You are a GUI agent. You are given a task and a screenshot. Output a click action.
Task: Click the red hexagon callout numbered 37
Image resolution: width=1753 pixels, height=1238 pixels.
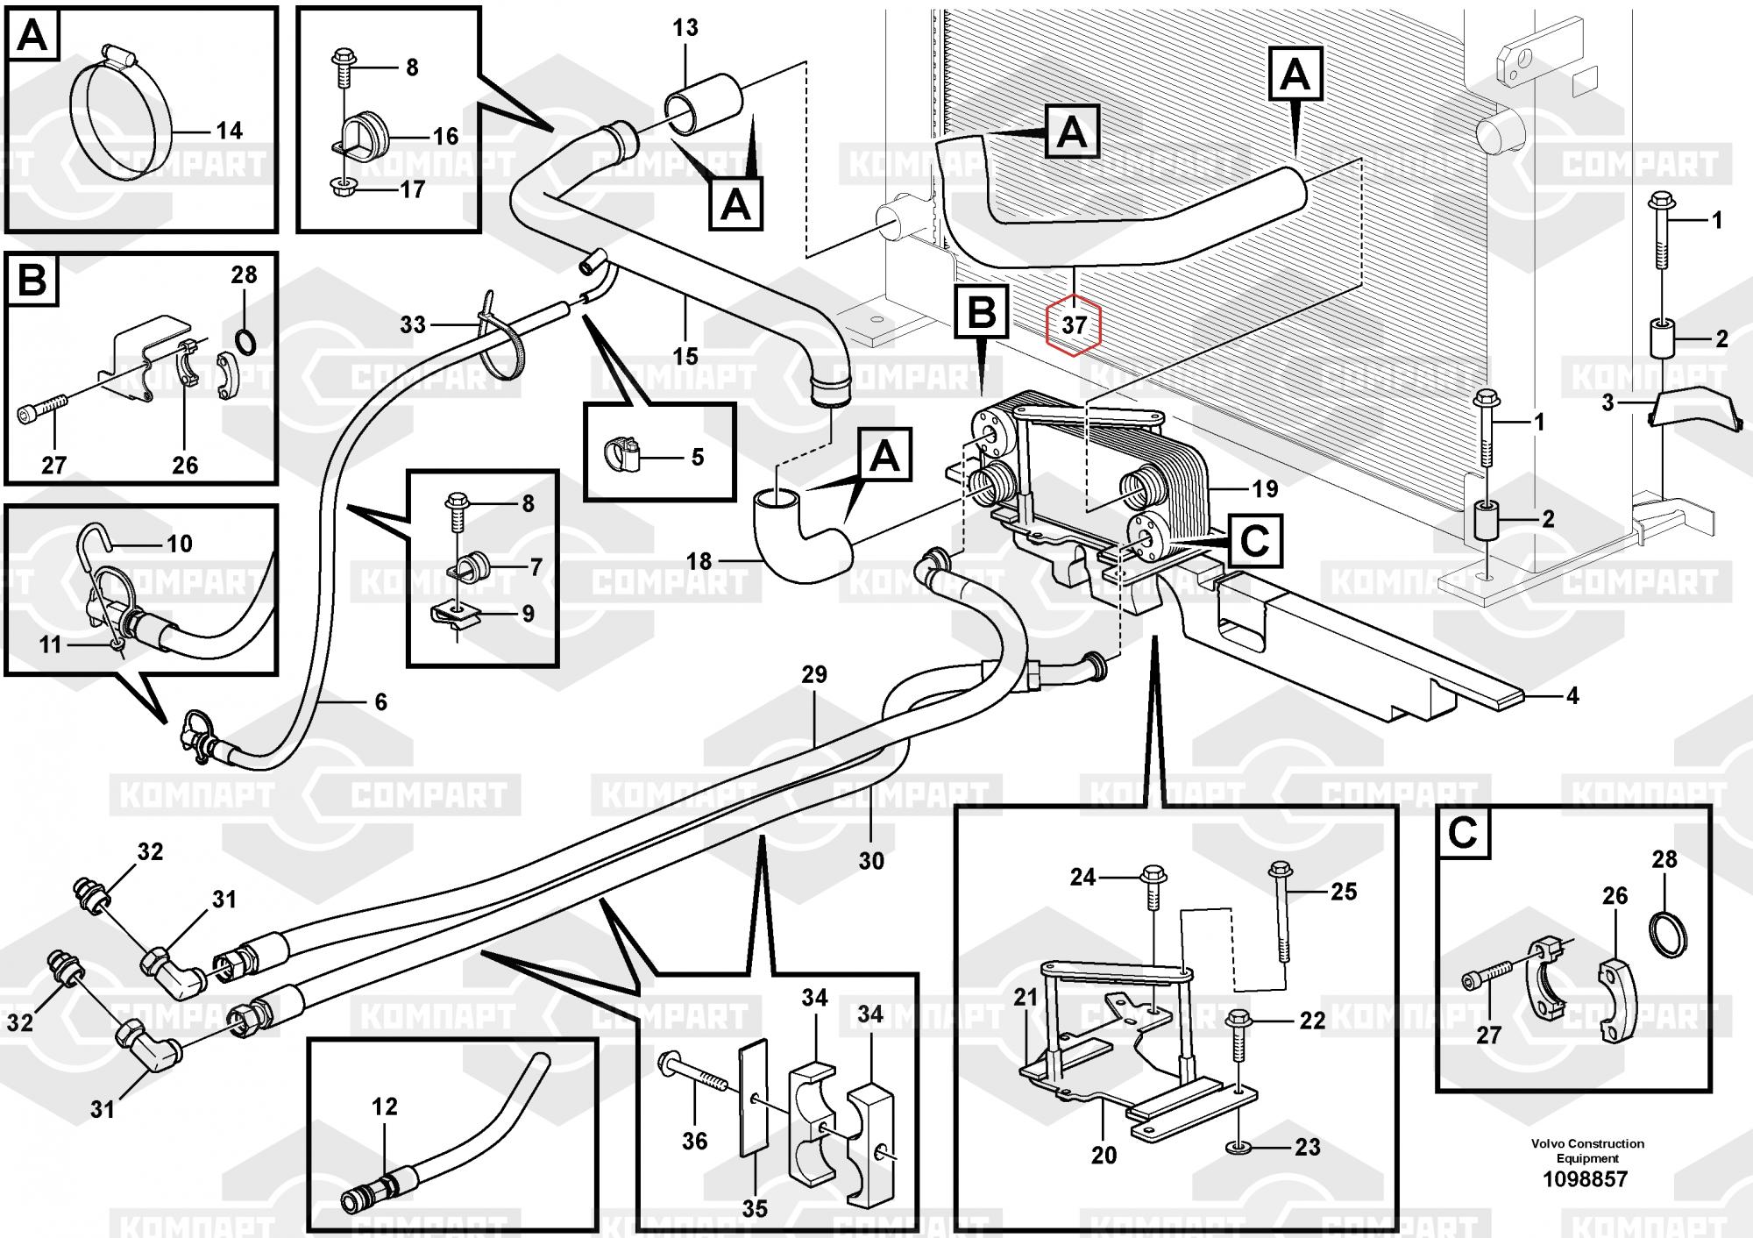[x=1074, y=325]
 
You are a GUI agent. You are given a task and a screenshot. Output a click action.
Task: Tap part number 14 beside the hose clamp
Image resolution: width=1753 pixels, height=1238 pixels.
[x=229, y=131]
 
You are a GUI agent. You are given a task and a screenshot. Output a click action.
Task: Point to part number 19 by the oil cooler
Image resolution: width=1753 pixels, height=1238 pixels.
[x=1265, y=488]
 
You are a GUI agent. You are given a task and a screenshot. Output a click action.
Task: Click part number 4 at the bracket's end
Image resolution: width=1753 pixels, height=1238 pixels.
[x=1572, y=695]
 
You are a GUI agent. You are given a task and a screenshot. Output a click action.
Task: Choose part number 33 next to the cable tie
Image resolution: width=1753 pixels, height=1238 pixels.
[x=412, y=324]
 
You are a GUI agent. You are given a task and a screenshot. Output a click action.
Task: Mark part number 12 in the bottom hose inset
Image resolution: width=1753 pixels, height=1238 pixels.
[x=385, y=1106]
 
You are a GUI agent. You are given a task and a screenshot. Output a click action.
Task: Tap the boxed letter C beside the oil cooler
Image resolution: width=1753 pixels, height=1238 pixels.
[x=1255, y=541]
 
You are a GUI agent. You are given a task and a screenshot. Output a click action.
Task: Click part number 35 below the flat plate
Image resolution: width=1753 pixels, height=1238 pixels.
[x=754, y=1208]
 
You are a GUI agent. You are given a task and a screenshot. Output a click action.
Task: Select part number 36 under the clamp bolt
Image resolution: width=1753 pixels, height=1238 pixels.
[x=694, y=1141]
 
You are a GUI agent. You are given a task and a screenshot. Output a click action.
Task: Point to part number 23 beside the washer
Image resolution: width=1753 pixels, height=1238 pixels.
[x=1307, y=1147]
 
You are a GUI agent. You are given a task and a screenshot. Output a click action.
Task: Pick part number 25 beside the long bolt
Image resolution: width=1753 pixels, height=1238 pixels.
[x=1343, y=892]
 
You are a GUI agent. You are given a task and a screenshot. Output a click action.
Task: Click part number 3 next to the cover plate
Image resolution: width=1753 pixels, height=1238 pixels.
[x=1608, y=403]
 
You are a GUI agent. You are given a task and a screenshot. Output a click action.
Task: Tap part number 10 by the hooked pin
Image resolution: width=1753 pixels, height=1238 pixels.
[x=179, y=544]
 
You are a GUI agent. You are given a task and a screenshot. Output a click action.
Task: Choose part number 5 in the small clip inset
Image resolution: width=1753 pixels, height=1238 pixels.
[x=697, y=457]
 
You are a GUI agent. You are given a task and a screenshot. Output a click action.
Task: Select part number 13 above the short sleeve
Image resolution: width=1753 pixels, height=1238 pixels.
[x=685, y=28]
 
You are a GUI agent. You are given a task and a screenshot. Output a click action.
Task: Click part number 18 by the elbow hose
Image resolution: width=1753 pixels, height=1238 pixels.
[x=698, y=560]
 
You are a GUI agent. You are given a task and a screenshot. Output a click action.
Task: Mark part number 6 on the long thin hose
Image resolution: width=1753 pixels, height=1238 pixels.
[x=380, y=701]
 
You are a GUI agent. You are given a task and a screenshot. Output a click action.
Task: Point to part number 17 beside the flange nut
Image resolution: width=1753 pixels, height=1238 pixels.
[x=412, y=189]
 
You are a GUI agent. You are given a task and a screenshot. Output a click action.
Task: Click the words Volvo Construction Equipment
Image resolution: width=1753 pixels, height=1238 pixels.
[x=1587, y=1150]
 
